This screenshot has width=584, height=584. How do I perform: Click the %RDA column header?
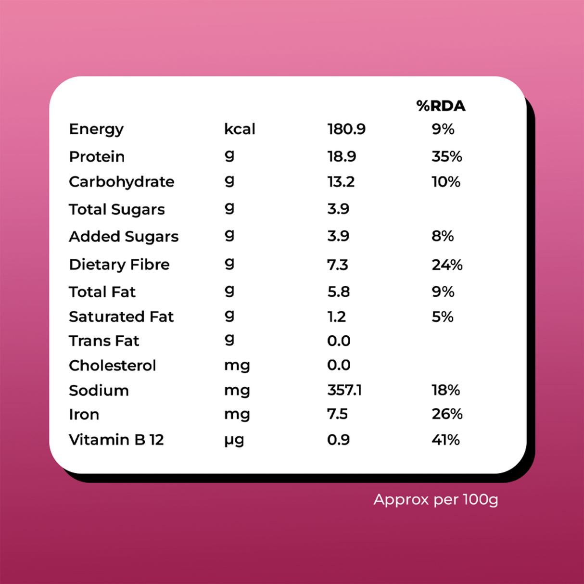(x=441, y=106)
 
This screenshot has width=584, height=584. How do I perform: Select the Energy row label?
(x=96, y=129)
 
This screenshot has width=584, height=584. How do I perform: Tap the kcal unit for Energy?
(x=240, y=129)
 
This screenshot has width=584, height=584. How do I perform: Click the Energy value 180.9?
(x=346, y=129)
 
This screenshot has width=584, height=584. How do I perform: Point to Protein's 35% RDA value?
(x=446, y=157)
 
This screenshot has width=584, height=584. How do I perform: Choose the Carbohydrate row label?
(x=121, y=182)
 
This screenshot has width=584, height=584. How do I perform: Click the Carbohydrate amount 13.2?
(x=341, y=182)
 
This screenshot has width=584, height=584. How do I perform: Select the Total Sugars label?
(x=116, y=210)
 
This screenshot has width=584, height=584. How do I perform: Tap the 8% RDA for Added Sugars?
(x=443, y=236)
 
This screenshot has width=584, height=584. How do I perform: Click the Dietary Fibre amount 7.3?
(x=337, y=265)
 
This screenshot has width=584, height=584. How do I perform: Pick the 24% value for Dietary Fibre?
(x=447, y=265)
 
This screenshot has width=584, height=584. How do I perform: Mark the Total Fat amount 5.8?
(x=338, y=292)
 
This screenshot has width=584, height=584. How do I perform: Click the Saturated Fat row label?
(x=121, y=317)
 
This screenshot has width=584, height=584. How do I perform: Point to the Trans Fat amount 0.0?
(x=338, y=341)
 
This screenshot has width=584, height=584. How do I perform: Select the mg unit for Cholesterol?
(x=237, y=366)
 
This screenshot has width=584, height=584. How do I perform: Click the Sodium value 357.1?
(x=344, y=390)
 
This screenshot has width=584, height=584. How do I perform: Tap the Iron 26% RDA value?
(x=447, y=414)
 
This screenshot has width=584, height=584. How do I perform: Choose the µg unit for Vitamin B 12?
(x=234, y=440)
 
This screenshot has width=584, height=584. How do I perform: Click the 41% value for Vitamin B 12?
(x=445, y=440)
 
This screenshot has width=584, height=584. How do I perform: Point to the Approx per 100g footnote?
(x=435, y=500)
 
